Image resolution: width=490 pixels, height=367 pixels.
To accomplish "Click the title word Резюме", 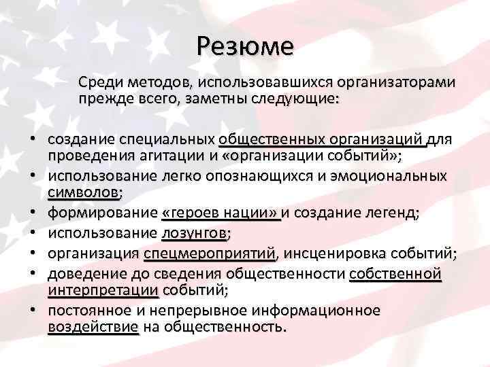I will (x=244, y=46).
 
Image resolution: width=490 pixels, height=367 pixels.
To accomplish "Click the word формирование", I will (x=103, y=213).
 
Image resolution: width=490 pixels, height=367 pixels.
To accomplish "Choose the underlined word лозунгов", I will (x=195, y=234).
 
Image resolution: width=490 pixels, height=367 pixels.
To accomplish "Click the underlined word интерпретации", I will (x=103, y=290).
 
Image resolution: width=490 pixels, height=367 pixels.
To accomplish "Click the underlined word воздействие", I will (x=93, y=326).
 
